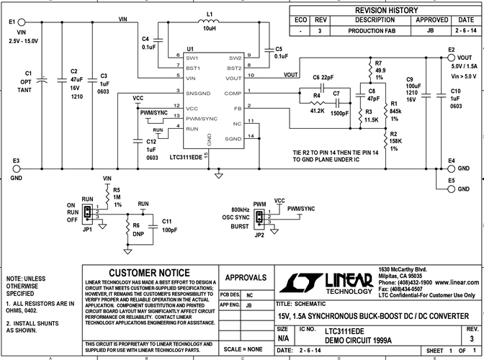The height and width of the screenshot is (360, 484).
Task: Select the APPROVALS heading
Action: (x=246, y=277)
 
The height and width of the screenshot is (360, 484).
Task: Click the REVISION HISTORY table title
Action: (x=385, y=11)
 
